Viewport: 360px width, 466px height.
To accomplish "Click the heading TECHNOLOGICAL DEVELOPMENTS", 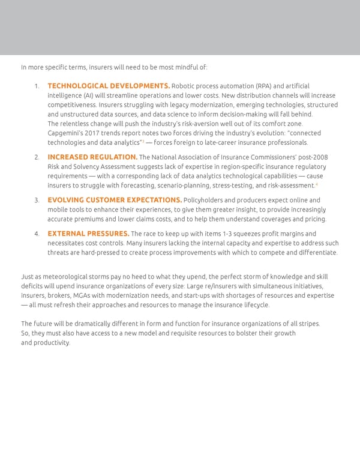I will (x=109, y=86).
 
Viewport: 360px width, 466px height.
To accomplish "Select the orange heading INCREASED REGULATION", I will (x=92, y=157).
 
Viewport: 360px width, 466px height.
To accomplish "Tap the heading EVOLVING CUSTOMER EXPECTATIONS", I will (x=115, y=199).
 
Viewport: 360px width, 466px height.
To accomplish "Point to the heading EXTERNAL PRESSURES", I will (x=88, y=233).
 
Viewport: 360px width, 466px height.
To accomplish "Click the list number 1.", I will (x=38, y=86).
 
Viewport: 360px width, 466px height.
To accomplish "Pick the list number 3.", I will (x=37, y=200).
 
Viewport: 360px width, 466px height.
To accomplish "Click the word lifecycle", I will (x=254, y=305).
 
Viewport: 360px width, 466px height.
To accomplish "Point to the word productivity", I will (x=52, y=343).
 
